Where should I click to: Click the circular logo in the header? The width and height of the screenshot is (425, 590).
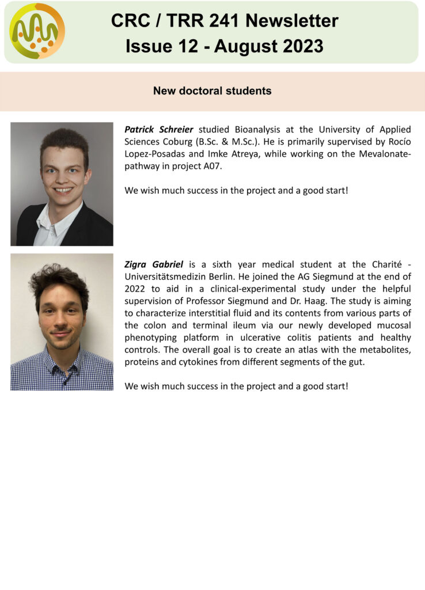[37, 31]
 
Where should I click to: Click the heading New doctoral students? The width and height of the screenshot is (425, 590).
[212, 91]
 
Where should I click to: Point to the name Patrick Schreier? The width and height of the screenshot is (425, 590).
[159, 129]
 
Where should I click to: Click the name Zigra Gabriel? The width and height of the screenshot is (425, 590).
[154, 264]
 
